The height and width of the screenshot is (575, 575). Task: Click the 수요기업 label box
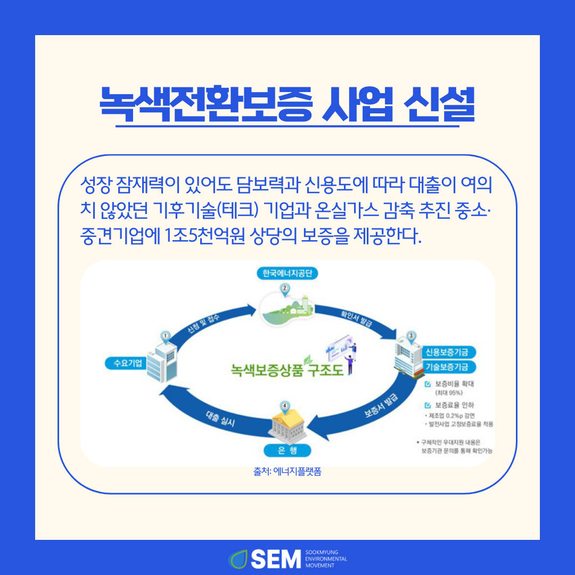pyautogui.click(x=124, y=364)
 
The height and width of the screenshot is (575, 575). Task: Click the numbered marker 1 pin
pyautogui.click(x=166, y=336)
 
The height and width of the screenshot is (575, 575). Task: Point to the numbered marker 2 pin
pyautogui.click(x=285, y=289)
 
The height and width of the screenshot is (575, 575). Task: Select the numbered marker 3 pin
pyautogui.click(x=411, y=336)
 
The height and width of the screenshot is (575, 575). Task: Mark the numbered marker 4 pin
pyautogui.click(x=285, y=406)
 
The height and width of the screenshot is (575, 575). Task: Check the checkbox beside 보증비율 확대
pyautogui.click(x=427, y=383)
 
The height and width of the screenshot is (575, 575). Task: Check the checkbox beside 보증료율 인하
pyautogui.click(x=427, y=405)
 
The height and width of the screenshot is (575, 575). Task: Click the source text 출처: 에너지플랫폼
pyautogui.click(x=287, y=472)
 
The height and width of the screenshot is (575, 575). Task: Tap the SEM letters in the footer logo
pyautogui.click(x=276, y=558)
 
